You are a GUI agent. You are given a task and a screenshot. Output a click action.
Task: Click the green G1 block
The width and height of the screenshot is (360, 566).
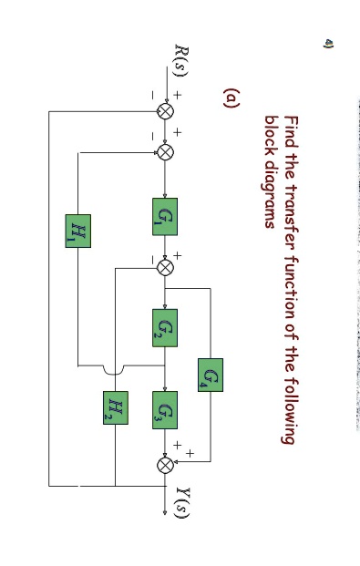point(165,217)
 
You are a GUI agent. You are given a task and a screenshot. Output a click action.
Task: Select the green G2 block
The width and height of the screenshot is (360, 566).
point(165,327)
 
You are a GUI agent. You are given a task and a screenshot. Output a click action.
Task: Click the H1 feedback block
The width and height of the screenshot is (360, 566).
point(77,230)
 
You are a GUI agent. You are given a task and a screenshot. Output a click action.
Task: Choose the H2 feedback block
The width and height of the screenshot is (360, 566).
point(116,407)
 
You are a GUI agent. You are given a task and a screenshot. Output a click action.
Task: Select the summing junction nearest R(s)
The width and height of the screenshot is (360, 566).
point(165,111)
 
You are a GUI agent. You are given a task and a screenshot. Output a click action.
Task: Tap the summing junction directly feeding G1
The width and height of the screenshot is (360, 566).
point(165,151)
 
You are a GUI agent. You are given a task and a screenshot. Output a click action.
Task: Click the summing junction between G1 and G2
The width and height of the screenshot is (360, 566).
point(165,267)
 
